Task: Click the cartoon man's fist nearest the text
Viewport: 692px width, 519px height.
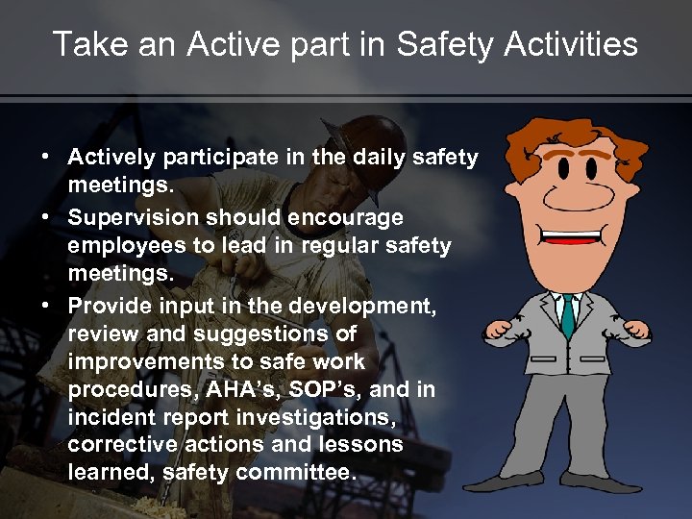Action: [x=501, y=332]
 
